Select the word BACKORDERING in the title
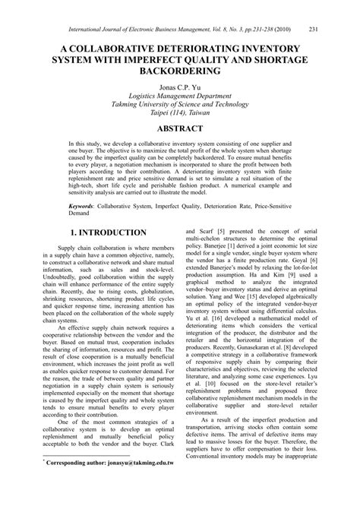pos(179,70)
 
